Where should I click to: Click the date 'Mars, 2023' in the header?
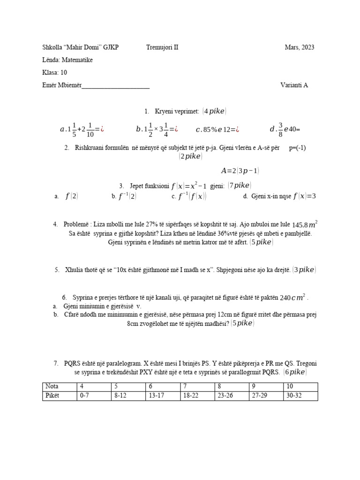pyautogui.click(x=300, y=47)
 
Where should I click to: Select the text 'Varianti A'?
pyautogui.click(x=294, y=85)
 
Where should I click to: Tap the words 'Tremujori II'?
pyautogui.click(x=162, y=47)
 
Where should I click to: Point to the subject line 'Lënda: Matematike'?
pyautogui.click(x=67, y=60)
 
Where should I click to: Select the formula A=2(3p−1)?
pyautogui.click(x=241, y=171)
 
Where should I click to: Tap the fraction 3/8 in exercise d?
pyautogui.click(x=281, y=129)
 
